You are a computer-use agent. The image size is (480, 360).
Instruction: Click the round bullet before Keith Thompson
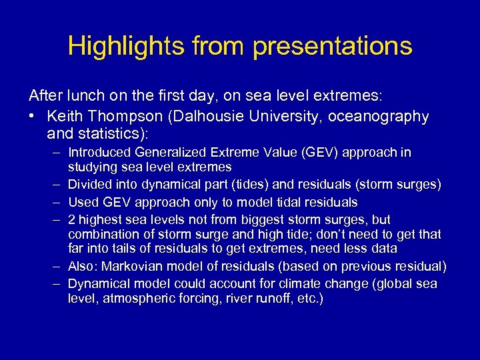pos(32,117)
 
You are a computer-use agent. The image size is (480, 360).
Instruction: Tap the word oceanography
pos(378,117)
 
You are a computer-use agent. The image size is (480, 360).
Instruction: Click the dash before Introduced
pos(57,153)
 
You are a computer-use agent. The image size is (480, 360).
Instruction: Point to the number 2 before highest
pos(72,219)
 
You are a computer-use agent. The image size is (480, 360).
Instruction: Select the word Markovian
pos(131,267)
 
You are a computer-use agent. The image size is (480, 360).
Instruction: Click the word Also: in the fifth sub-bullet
pos(83,267)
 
